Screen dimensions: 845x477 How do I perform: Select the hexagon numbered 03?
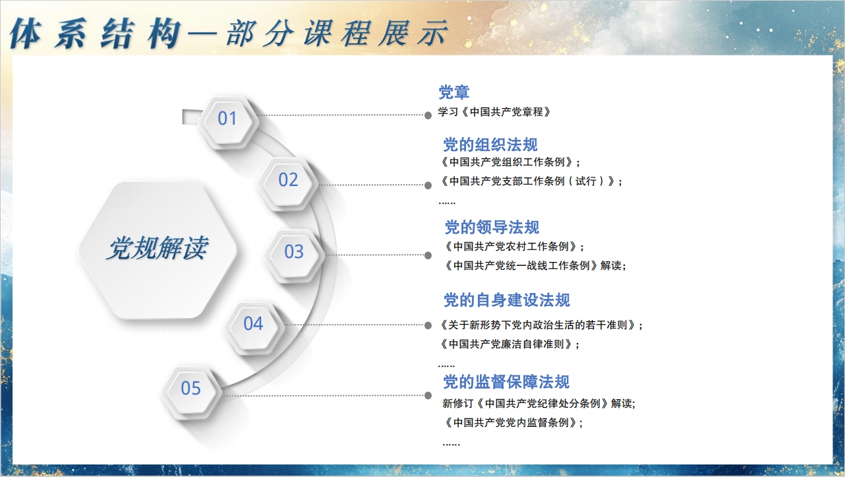tap(294, 254)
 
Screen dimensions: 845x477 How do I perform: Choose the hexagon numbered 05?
tap(191, 391)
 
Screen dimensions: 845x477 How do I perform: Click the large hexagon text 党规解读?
tap(157, 249)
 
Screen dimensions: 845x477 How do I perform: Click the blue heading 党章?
tap(454, 92)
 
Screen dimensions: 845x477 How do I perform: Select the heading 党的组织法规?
tap(490, 144)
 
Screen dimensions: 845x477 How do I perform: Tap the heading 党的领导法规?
tap(492, 228)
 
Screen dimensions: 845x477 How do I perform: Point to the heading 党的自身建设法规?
tap(507, 300)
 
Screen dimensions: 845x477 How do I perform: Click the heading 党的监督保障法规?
tap(506, 382)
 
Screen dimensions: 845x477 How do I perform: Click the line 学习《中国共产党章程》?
tap(494, 111)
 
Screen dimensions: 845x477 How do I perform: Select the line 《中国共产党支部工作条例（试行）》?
tap(528, 181)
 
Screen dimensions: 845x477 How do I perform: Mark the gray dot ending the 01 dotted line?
tap(428, 115)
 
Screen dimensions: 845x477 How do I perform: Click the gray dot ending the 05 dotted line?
tap(428, 396)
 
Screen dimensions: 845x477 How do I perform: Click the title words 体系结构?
tap(95, 33)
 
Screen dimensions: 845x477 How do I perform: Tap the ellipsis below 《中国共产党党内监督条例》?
tap(451, 444)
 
